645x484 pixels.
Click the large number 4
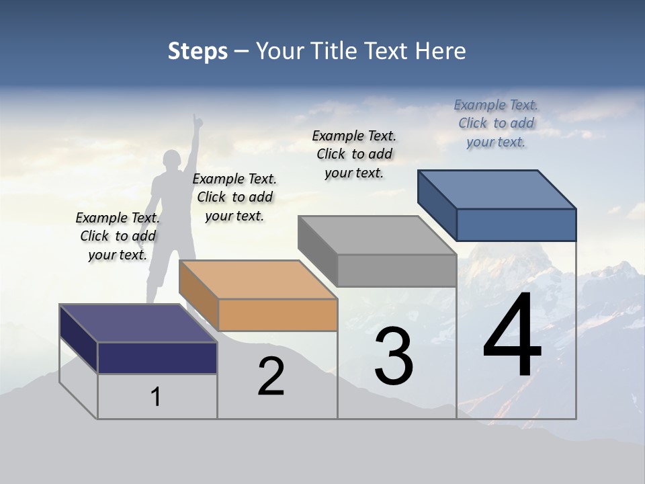[512, 336]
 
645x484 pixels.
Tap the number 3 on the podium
[394, 356]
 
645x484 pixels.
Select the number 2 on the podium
[271, 376]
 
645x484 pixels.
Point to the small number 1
[156, 397]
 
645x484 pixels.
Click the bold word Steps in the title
[198, 51]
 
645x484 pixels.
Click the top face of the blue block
[497, 189]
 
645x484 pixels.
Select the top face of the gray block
[377, 235]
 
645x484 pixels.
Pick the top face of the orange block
[258, 280]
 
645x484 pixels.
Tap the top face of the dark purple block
[138, 323]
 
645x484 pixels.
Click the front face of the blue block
[516, 225]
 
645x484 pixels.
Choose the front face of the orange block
[277, 315]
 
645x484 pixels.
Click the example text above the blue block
[496, 123]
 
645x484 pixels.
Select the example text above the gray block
[354, 154]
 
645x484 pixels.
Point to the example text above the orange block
[234, 197]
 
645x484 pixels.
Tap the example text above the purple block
[118, 236]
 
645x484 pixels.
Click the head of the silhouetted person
[173, 161]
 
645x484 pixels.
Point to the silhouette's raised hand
[198, 121]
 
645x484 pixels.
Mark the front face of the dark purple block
[157, 358]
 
